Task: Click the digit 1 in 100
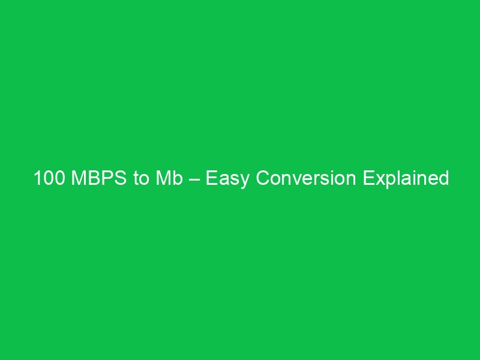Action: point(37,179)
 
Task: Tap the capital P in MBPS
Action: point(104,179)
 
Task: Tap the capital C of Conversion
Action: point(262,179)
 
